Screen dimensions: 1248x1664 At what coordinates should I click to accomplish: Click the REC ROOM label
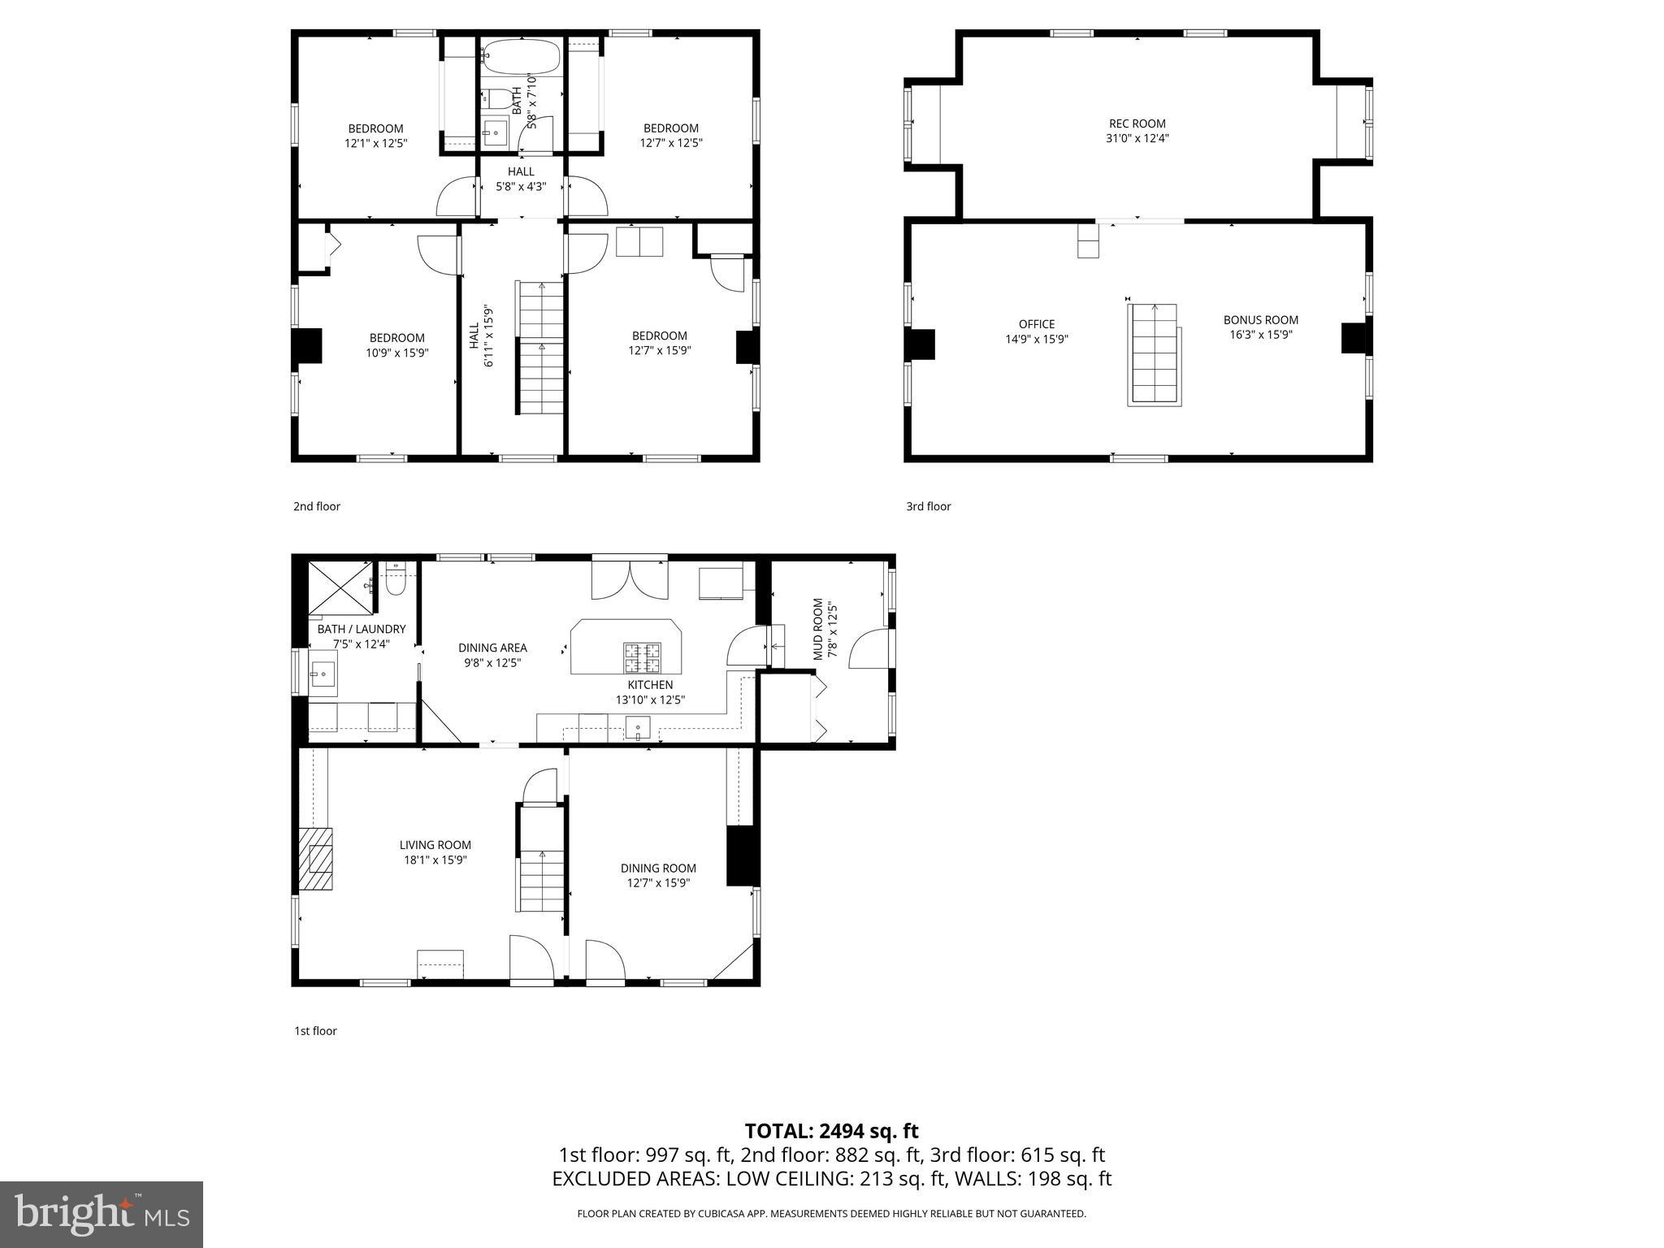pyautogui.click(x=1137, y=124)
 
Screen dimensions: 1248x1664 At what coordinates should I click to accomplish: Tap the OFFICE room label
pyautogui.click(x=1037, y=324)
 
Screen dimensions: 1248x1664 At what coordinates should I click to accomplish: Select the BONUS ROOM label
pyautogui.click(x=1260, y=320)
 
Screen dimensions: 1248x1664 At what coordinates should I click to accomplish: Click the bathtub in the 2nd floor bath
pyautogui.click(x=521, y=57)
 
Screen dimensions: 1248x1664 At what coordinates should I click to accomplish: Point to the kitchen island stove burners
pyautogui.click(x=641, y=657)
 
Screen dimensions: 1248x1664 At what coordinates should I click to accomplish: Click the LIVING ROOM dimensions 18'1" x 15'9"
pyautogui.click(x=435, y=860)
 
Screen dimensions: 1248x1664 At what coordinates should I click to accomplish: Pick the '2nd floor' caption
pyautogui.click(x=317, y=506)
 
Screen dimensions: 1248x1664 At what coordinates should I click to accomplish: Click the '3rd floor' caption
pyautogui.click(x=928, y=506)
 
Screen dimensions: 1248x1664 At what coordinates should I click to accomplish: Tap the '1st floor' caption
pyautogui.click(x=315, y=1031)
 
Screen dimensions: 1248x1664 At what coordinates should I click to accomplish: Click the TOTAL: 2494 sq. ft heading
pyautogui.click(x=831, y=1131)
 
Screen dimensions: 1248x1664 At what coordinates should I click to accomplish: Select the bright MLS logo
pyautogui.click(x=102, y=1214)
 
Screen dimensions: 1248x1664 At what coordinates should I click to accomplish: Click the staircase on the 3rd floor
pyautogui.click(x=1154, y=354)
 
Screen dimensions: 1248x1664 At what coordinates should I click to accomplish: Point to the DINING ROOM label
pyautogui.click(x=658, y=868)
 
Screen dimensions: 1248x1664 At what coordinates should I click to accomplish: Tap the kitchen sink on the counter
pyautogui.click(x=638, y=728)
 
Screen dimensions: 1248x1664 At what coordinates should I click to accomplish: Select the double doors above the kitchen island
pyautogui.click(x=630, y=578)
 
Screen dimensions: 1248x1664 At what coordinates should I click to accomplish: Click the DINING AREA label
pyautogui.click(x=492, y=648)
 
